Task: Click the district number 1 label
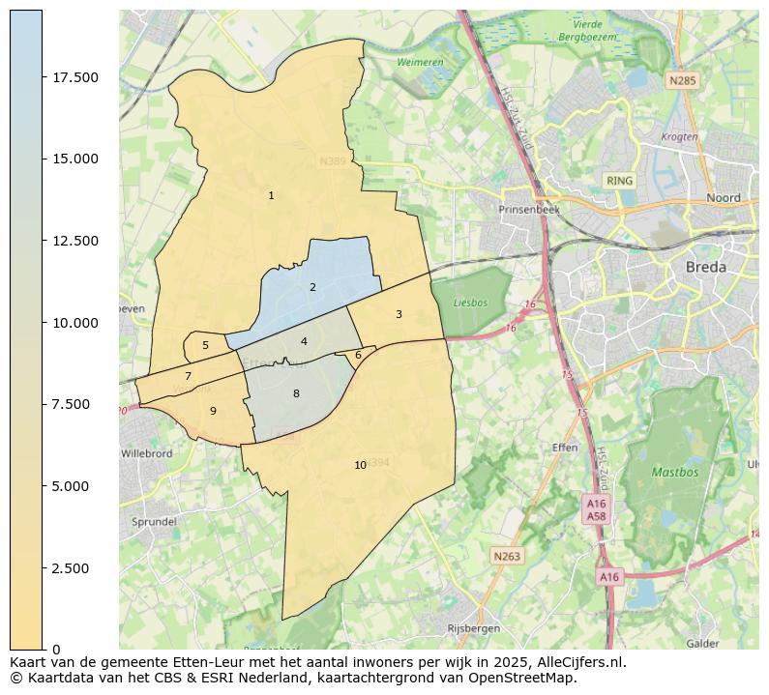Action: click(271, 196)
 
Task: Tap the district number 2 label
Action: click(312, 288)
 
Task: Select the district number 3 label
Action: click(399, 315)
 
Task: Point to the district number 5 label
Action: click(205, 346)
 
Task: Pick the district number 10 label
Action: click(360, 466)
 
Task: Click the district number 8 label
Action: click(296, 394)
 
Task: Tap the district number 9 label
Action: click(213, 412)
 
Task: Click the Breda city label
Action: click(705, 268)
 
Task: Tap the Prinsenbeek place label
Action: click(529, 210)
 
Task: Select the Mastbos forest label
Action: click(674, 474)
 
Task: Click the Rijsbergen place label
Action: click(473, 628)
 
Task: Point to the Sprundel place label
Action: click(153, 522)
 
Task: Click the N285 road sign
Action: click(682, 81)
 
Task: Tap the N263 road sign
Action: click(506, 556)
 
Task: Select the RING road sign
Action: click(619, 181)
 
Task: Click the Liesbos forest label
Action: click(470, 303)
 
